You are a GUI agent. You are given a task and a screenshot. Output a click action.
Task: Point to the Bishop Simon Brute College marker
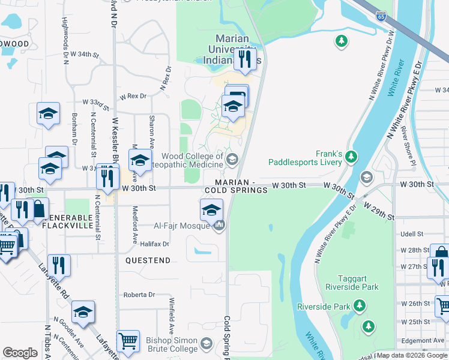click(x=206, y=343)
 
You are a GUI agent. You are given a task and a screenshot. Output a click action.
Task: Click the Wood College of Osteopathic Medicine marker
click(x=232, y=159)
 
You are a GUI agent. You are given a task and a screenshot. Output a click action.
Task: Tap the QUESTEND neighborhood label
click(x=148, y=260)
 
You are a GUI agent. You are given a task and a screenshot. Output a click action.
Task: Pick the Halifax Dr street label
click(x=155, y=244)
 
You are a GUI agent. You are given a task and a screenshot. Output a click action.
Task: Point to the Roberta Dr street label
click(x=139, y=295)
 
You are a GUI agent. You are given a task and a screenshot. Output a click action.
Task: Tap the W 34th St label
click(x=83, y=55)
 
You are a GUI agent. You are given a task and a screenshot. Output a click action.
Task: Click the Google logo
click(x=20, y=353)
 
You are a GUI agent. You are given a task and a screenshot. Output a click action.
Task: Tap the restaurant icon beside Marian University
click(x=244, y=58)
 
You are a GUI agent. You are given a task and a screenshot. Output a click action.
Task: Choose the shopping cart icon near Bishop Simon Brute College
click(x=128, y=341)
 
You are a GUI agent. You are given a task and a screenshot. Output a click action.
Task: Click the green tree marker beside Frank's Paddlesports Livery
click(x=351, y=157)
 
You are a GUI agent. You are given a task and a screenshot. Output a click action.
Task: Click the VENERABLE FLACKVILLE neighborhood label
click(x=68, y=221)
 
